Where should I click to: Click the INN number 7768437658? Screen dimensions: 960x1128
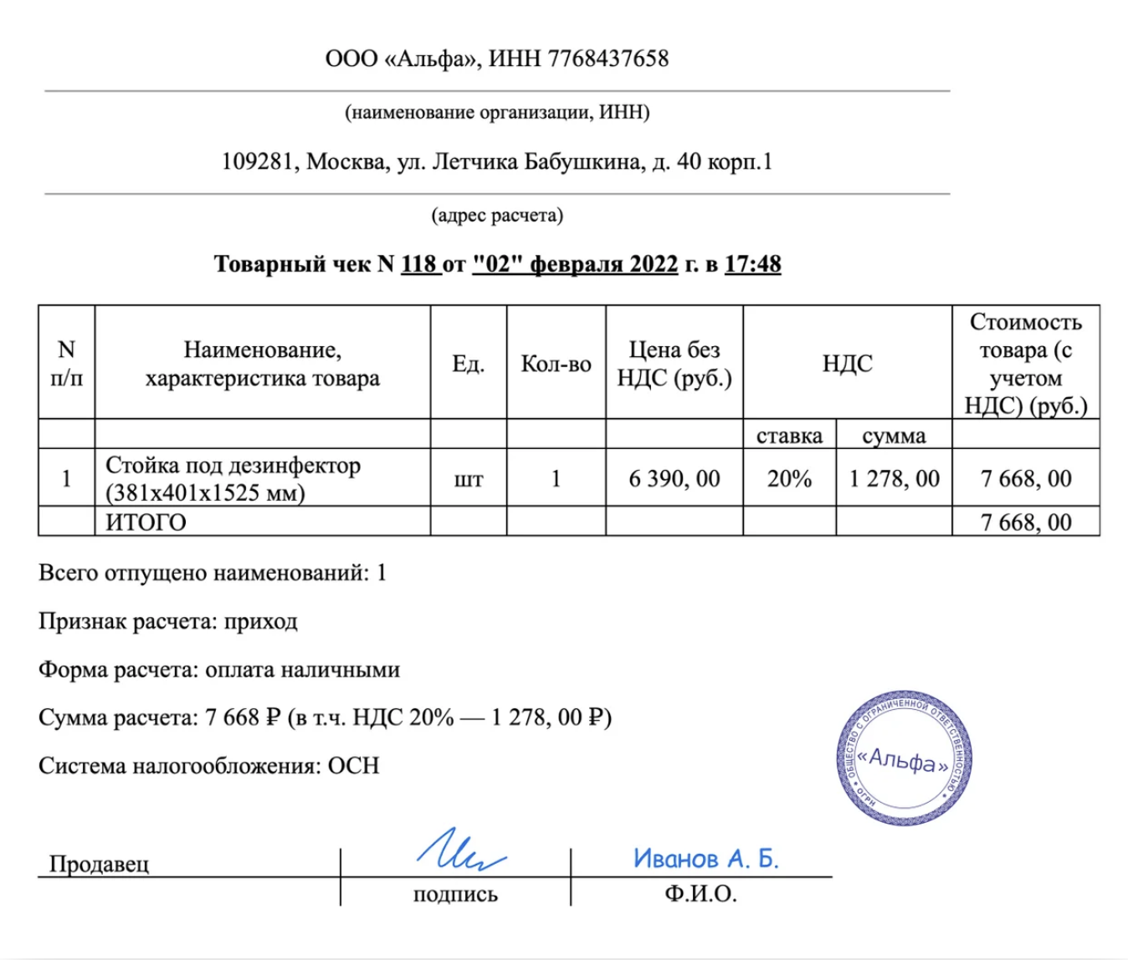[x=608, y=59]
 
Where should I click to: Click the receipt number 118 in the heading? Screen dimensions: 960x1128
[x=419, y=264]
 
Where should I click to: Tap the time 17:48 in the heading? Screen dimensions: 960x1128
[x=752, y=264]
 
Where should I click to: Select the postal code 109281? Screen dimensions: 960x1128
[x=257, y=161]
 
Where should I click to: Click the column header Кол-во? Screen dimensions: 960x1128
[x=556, y=364]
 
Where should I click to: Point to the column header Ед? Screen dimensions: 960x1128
[x=468, y=364]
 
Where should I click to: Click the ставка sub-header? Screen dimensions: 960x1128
[x=789, y=436]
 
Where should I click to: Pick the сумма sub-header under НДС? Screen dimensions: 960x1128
[x=894, y=436]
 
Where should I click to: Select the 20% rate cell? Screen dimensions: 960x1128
[x=789, y=478]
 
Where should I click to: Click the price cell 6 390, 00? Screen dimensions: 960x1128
[x=674, y=478]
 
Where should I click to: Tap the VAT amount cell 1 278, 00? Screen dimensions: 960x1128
[x=894, y=478]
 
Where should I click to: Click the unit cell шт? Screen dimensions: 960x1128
[x=468, y=479]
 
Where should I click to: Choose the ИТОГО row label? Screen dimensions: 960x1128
[x=146, y=523]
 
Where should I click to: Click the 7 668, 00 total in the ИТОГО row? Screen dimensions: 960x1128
[x=1026, y=523]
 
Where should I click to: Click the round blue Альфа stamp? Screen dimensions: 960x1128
[x=904, y=758]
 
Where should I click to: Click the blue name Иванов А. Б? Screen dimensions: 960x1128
[x=705, y=859]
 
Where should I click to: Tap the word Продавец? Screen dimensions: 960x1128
[x=99, y=864]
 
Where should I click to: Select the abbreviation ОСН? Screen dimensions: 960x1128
[x=353, y=766]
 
